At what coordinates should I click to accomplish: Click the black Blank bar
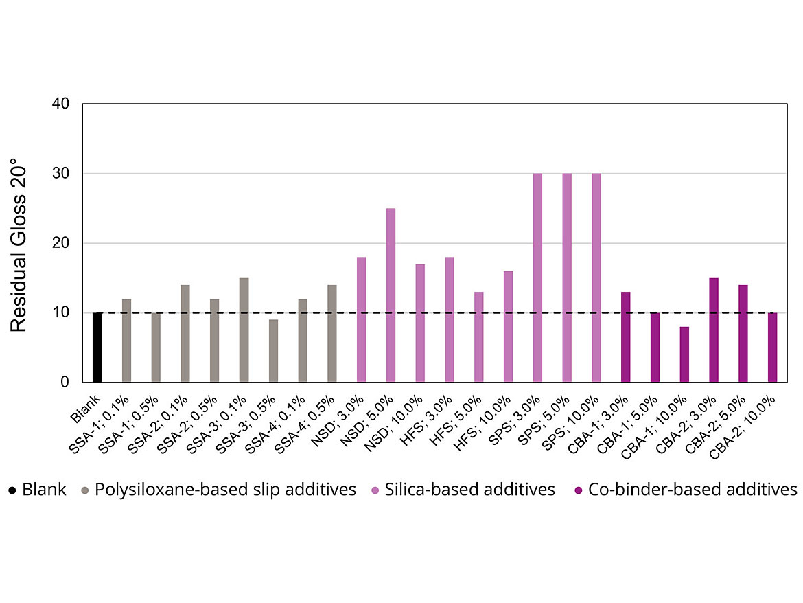coord(97,347)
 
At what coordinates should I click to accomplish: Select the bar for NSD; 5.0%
coord(391,295)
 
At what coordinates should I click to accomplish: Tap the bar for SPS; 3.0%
coord(537,277)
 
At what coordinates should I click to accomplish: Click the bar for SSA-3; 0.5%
coord(273,351)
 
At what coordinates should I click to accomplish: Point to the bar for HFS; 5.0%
coord(479,337)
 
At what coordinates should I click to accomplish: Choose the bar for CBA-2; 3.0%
coord(714,330)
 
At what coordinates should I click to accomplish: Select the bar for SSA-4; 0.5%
coord(332,333)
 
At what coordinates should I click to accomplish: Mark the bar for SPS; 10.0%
coord(596,277)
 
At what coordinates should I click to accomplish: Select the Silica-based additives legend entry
coord(469,490)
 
